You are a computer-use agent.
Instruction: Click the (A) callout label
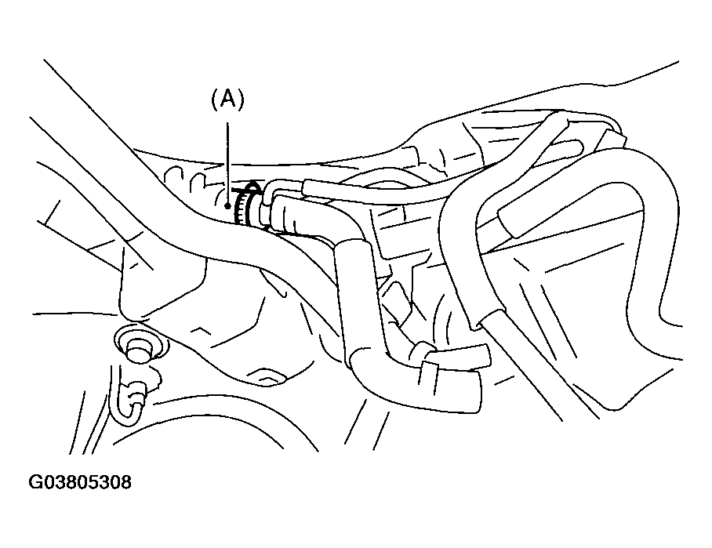coord(227,99)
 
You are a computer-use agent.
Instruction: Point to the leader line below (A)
coord(227,157)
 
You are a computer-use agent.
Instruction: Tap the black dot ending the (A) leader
coord(227,206)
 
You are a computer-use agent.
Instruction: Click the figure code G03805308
coord(81,482)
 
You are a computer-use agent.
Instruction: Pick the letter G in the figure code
coord(36,482)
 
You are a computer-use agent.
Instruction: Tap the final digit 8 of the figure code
coord(126,482)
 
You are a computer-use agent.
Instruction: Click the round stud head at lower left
coord(138,347)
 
